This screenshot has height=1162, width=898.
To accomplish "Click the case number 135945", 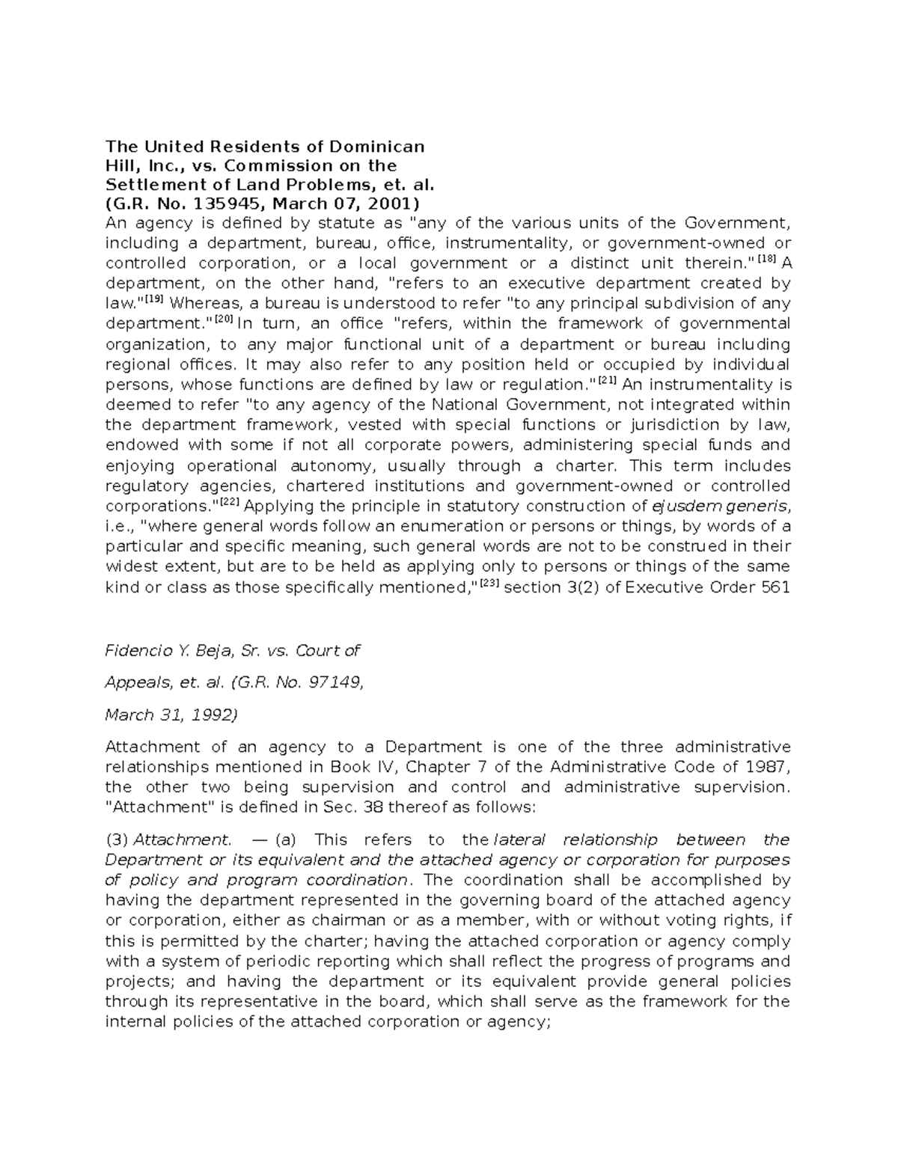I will coord(224,204).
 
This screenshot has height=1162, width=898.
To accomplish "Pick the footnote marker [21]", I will coord(607,380).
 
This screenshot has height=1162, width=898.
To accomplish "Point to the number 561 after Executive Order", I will coord(775,587).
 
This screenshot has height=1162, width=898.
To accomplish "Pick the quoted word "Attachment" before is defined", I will coord(147,807).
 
